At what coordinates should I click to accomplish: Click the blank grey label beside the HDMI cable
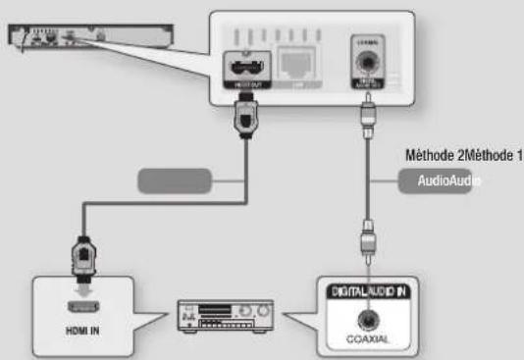coord(175,180)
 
